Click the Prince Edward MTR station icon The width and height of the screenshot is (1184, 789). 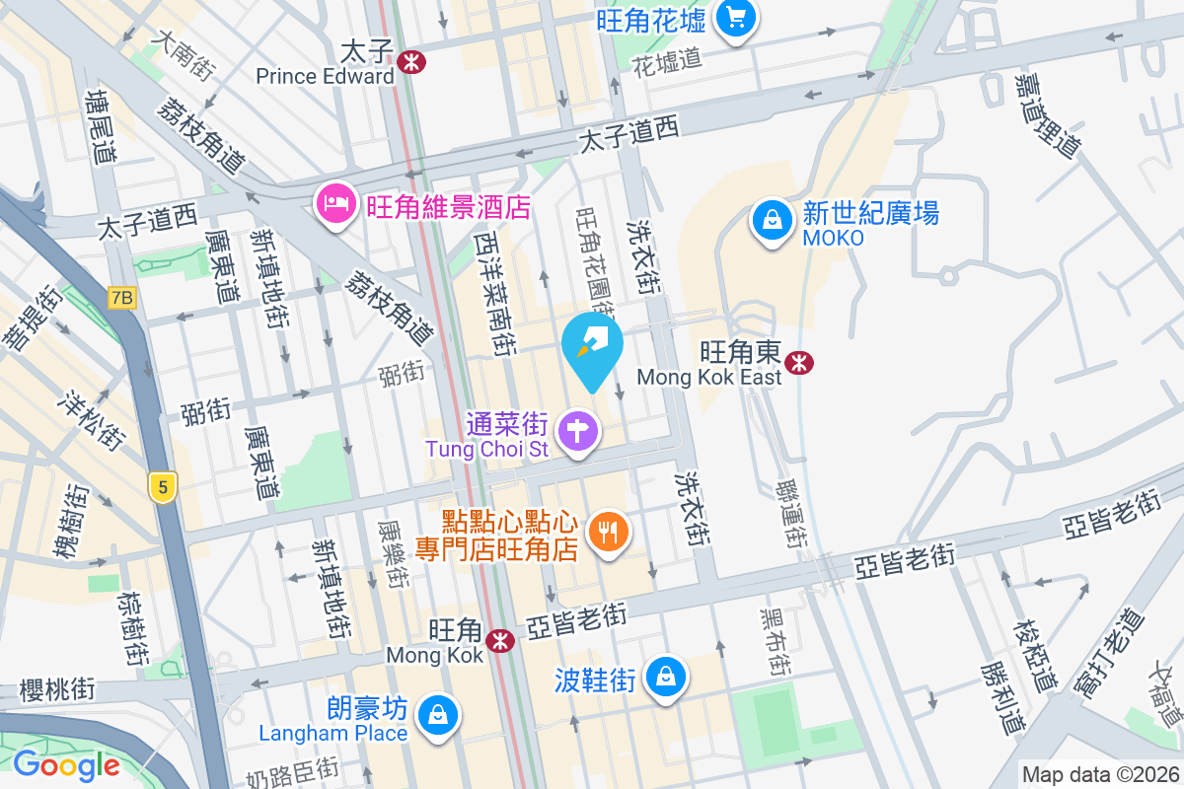(x=411, y=62)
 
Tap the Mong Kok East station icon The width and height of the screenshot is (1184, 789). (x=801, y=363)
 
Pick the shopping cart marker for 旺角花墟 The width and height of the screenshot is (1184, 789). (x=735, y=17)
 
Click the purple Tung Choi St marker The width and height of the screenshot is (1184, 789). (x=578, y=431)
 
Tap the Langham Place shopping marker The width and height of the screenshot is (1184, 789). (x=435, y=715)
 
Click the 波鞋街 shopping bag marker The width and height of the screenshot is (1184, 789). (x=667, y=677)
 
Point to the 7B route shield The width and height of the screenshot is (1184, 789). (x=122, y=298)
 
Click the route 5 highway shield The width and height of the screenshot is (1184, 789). (x=164, y=486)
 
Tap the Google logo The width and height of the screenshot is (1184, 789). (x=66, y=765)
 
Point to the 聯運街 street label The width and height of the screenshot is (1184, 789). (x=786, y=515)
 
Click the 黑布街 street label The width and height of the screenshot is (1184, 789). (x=773, y=641)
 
